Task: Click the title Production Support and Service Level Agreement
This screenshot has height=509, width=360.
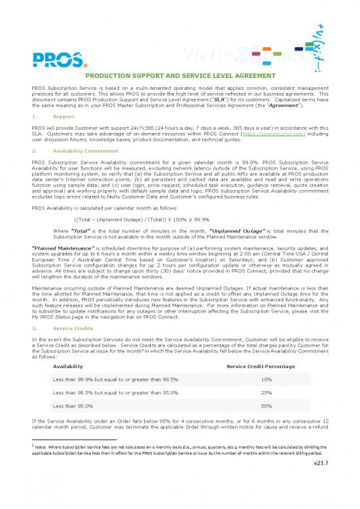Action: [179, 76]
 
